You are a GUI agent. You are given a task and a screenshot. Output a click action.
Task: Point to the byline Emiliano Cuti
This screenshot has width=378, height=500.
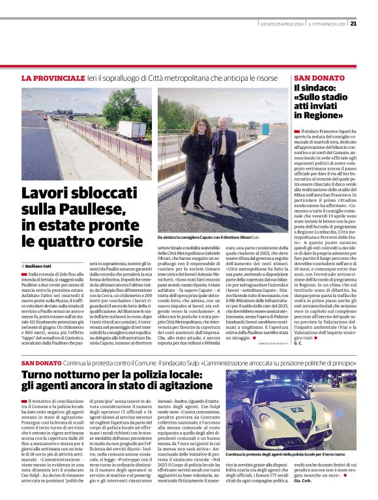click(x=39, y=267)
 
